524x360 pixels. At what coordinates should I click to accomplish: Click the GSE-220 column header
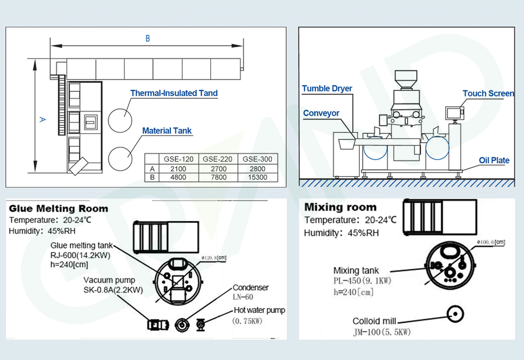[217, 159]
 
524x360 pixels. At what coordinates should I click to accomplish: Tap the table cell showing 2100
[178, 168]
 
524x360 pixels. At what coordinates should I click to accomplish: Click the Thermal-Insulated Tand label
[174, 93]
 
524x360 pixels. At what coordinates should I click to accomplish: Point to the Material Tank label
[167, 131]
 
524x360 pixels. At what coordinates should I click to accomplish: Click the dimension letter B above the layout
[148, 39]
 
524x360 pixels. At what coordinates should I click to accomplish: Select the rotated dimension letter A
[42, 120]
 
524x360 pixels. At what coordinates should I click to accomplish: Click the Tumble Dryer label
[327, 89]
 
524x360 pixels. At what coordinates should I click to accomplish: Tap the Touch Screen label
[488, 93]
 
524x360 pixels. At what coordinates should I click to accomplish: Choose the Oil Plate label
[494, 160]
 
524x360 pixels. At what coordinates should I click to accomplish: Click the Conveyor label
[321, 113]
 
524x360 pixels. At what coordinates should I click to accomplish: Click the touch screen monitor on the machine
[453, 113]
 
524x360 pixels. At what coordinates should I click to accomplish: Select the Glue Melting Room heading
[58, 208]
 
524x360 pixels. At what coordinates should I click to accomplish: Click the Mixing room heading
[340, 207]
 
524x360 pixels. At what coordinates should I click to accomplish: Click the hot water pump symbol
[200, 324]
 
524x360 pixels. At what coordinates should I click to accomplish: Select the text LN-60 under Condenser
[243, 297]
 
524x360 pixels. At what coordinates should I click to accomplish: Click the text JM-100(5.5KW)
[382, 332]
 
